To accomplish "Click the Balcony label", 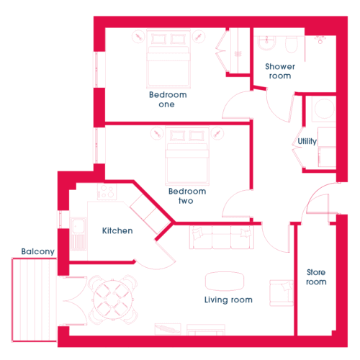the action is (x=38, y=252).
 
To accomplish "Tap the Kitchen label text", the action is (x=117, y=230).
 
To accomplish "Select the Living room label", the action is (x=228, y=300).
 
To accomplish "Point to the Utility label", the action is (x=307, y=142).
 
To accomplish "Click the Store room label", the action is (x=316, y=277).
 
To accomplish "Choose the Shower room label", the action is (x=280, y=71).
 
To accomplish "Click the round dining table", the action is (x=112, y=300).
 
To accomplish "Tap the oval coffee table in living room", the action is (x=225, y=282).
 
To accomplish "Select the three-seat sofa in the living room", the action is (x=221, y=237).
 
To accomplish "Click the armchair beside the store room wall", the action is (x=282, y=293).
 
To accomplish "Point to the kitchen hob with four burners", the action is (x=107, y=192).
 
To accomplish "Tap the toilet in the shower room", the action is (x=292, y=44).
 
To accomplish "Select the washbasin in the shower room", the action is (x=266, y=42).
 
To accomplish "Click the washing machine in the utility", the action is (x=324, y=109).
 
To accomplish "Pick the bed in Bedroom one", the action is (x=168, y=59).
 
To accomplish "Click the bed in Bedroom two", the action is (x=187, y=156).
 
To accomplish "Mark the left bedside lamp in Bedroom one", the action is (x=138, y=37).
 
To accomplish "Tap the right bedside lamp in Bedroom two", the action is (x=217, y=133).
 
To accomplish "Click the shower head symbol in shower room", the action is (x=320, y=40).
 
